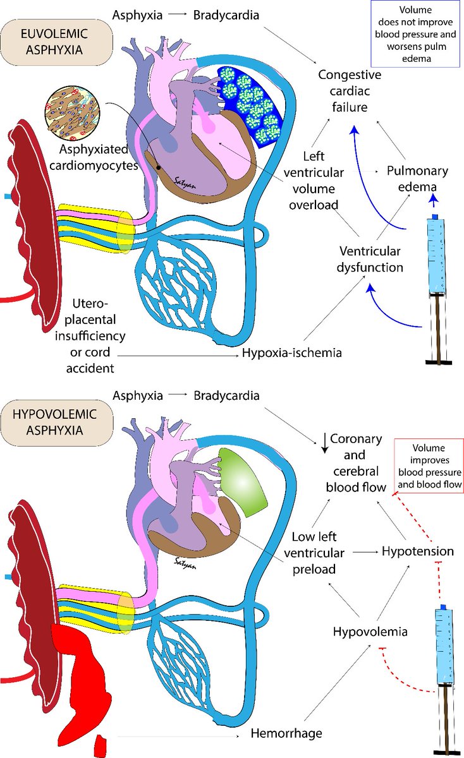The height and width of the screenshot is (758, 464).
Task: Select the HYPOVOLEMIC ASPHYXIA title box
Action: pos(58,423)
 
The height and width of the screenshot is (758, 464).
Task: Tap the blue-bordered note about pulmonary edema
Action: pos(415,33)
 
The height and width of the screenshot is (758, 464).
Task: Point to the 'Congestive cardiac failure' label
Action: pos(351,91)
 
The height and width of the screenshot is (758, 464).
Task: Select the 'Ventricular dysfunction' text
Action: pos(370,258)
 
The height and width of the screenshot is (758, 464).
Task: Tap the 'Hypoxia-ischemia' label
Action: pos(291,352)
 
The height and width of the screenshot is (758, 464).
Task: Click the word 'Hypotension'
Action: pos(418,551)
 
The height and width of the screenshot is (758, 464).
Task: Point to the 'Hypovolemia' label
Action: pos(370,631)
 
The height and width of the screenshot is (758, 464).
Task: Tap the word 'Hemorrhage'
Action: pos(286,733)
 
